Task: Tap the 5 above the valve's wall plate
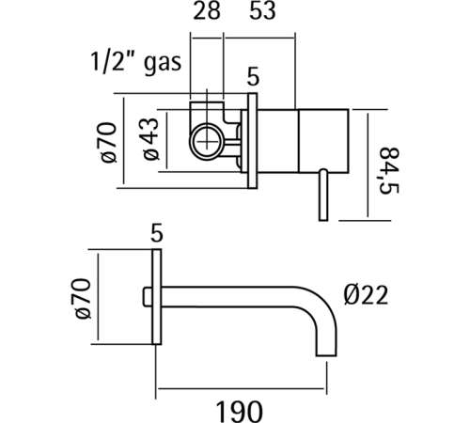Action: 253,75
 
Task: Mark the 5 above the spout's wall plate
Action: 158,231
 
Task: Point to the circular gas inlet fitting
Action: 206,143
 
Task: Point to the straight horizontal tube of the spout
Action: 235,290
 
